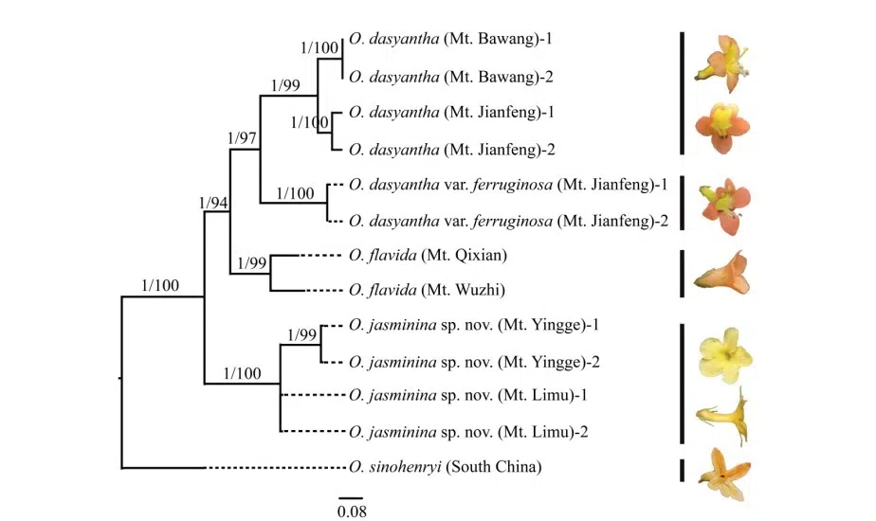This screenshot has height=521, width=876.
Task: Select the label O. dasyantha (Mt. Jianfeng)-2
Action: coord(454,149)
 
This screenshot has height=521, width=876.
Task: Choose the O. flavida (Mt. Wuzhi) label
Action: coord(425,291)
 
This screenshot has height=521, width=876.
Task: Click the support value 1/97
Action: coord(244,138)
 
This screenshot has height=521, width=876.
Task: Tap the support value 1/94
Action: coord(214,203)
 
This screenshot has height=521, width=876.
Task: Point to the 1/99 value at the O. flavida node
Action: coord(253,262)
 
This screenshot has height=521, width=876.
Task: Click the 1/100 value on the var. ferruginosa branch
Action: coord(295,193)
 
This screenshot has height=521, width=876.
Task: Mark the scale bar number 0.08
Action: coord(351,512)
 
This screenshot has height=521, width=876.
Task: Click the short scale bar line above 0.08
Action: coord(351,497)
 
